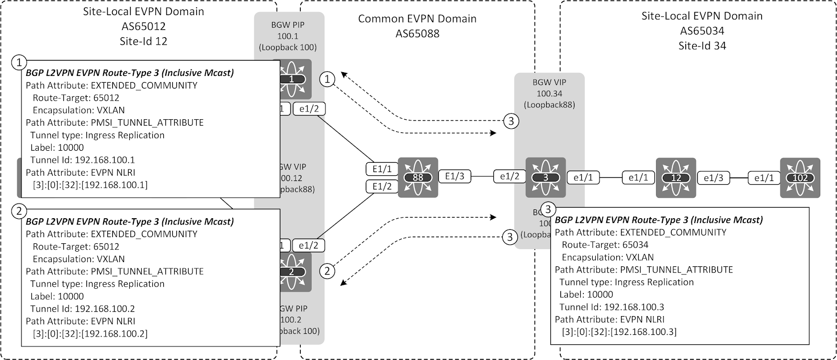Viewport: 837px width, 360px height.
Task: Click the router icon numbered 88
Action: pyautogui.click(x=417, y=177)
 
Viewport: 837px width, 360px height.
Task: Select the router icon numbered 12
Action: pyautogui.click(x=676, y=178)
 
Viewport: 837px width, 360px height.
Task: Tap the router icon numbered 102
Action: pyautogui.click(x=800, y=178)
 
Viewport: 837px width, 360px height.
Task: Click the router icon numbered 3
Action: pyautogui.click(x=546, y=177)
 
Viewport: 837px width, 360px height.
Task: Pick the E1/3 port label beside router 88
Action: pyautogui.click(x=455, y=176)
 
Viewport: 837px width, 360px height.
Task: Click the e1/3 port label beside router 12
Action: pyautogui.click(x=713, y=178)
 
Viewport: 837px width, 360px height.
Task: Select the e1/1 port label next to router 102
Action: pyautogui.click(x=764, y=178)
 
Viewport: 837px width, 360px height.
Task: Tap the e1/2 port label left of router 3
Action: pyautogui.click(x=510, y=176)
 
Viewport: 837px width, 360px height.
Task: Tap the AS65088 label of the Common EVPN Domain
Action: pyautogui.click(x=417, y=34)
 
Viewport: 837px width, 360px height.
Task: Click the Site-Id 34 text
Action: pyautogui.click(x=702, y=46)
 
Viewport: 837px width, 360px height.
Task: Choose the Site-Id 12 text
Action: pyautogui.click(x=143, y=40)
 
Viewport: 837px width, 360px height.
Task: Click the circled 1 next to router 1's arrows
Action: pyautogui.click(x=327, y=80)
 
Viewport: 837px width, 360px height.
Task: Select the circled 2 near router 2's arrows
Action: pyautogui.click(x=327, y=271)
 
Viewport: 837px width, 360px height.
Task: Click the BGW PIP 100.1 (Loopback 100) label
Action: pyautogui.click(x=288, y=36)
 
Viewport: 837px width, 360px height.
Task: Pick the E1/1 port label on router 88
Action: pyautogui.click(x=381, y=169)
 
